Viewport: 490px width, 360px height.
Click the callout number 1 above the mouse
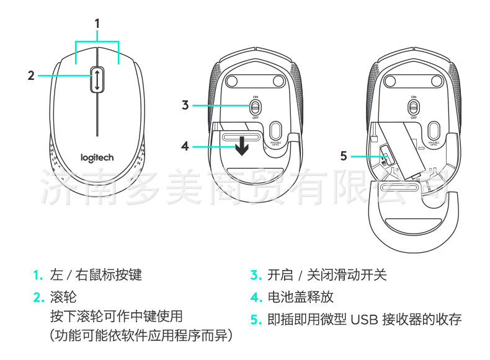point(97,24)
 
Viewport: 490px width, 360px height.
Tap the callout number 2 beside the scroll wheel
point(31,76)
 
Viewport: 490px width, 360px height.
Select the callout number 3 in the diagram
point(185,105)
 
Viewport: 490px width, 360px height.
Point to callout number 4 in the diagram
point(185,146)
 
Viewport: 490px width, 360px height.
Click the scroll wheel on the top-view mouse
point(97,80)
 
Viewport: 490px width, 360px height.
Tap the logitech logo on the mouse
point(97,157)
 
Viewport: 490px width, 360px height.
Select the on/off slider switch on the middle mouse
point(255,107)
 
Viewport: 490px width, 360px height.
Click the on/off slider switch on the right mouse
point(412,107)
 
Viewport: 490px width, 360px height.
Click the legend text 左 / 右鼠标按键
point(96,274)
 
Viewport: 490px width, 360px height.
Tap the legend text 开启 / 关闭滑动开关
point(327,274)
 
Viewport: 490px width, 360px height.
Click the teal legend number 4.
point(254,297)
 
